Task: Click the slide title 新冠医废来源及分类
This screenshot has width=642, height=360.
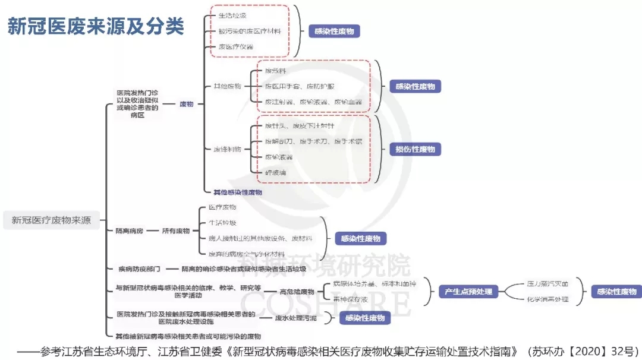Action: click(96, 27)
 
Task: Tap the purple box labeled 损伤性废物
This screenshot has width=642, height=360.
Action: click(415, 149)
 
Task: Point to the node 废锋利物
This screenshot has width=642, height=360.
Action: click(227, 149)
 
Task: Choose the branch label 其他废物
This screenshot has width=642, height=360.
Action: click(227, 86)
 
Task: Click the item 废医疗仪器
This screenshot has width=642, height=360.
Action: click(236, 46)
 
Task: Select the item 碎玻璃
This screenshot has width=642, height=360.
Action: click(275, 172)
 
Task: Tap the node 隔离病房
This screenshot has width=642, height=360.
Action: click(129, 230)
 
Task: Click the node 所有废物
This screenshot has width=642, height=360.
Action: click(176, 230)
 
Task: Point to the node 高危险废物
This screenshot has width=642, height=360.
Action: click(297, 292)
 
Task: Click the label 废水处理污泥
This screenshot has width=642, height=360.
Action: click(295, 318)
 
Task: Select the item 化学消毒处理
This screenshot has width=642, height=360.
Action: click(547, 299)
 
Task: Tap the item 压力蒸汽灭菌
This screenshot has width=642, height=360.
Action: click(547, 284)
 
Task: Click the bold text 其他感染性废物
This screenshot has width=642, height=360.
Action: click(238, 192)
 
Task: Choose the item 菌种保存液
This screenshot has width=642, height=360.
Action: click(350, 299)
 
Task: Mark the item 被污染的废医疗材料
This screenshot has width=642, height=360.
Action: click(250, 31)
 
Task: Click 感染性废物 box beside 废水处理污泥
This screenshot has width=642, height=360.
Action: click(364, 318)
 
